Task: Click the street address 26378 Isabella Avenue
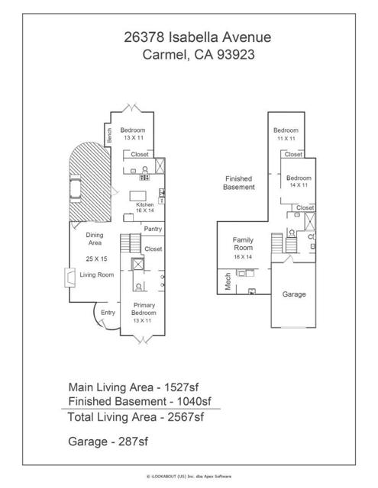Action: pos(198,37)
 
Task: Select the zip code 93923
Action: pos(236,54)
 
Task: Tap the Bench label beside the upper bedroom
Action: pos(109,136)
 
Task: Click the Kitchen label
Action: pos(144,204)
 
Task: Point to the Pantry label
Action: pos(153,229)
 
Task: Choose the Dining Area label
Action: pos(95,239)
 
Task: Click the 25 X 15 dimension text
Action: pos(97,258)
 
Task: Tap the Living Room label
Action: pos(97,274)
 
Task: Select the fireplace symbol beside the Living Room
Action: pos(69,278)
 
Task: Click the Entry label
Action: pos(108,312)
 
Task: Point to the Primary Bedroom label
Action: pos(144,309)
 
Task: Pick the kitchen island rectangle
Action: pos(137,196)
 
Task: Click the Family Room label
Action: pos(243,244)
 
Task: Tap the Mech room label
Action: pos(228,281)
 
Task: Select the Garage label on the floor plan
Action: pos(294,294)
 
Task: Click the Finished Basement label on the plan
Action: pos(239,183)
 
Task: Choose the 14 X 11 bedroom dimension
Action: pos(299,185)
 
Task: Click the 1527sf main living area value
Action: pos(182,387)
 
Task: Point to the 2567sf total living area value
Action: pos(186,417)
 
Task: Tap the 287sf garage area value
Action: pos(133,441)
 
